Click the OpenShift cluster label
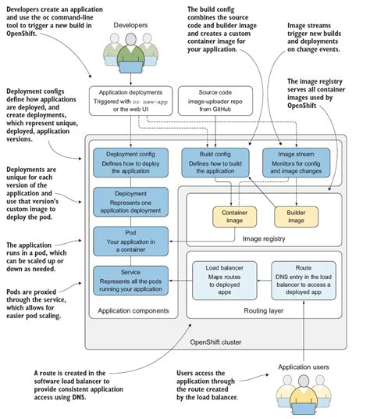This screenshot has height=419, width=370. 216,342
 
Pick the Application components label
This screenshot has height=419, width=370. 129,312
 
